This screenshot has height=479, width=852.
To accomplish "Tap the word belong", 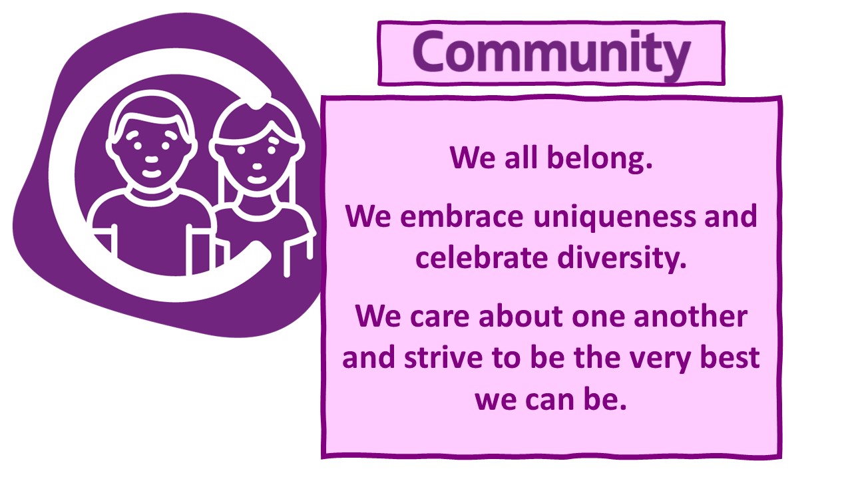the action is click(x=600, y=159).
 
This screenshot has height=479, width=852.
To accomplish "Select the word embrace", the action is click(x=462, y=217).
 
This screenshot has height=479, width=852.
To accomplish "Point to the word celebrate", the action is click(x=482, y=258).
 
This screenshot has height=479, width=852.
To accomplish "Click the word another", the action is click(x=690, y=316).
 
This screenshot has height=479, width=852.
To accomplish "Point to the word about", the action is click(x=521, y=316).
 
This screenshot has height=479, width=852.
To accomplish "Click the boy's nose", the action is click(x=151, y=159).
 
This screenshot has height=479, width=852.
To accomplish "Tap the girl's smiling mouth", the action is click(x=256, y=179).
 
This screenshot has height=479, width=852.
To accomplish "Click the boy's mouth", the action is click(x=151, y=174).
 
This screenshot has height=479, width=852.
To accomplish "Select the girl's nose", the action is click(x=258, y=166).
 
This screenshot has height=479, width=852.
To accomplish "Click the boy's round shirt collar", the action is click(x=151, y=196).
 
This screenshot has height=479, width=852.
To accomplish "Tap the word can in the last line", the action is click(x=549, y=400).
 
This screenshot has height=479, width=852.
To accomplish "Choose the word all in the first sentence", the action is click(x=521, y=158).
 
